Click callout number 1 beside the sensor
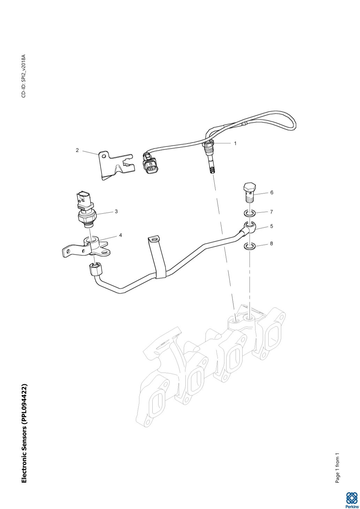(235, 143)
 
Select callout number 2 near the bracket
(77, 151)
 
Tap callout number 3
(116, 211)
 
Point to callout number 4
(121, 235)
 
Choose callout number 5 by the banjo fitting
(271, 226)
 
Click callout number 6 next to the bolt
(271, 192)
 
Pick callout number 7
(271, 212)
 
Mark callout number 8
(271, 244)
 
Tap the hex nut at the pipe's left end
(95, 269)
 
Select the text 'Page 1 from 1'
(337, 468)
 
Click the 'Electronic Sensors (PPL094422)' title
(24, 433)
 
